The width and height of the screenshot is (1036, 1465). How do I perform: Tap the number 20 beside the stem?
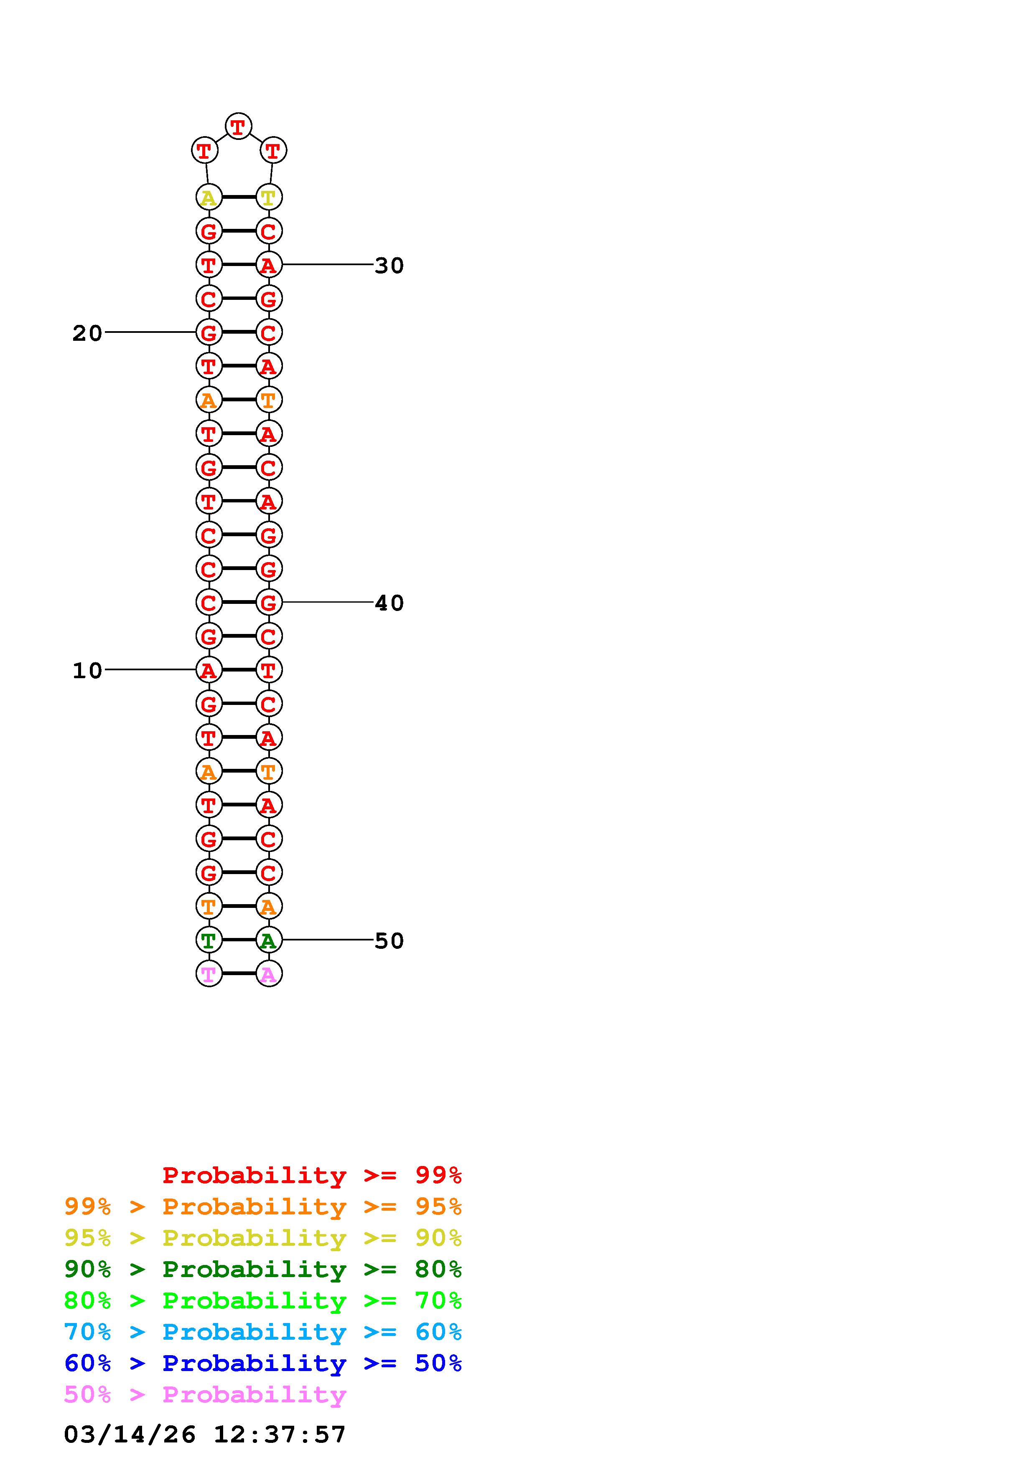click(87, 333)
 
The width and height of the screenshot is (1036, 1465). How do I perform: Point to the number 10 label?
click(87, 671)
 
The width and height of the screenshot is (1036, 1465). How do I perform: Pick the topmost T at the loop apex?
click(238, 127)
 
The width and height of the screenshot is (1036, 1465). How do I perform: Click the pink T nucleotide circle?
click(209, 974)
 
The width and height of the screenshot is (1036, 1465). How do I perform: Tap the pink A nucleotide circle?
click(269, 974)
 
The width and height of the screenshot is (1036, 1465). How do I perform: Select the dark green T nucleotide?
click(209, 940)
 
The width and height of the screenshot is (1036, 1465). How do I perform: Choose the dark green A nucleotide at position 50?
click(269, 940)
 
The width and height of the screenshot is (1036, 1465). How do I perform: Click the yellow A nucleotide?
click(209, 198)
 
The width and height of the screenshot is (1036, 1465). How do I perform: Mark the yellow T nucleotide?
click(269, 198)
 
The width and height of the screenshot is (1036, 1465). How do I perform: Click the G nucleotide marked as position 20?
click(209, 332)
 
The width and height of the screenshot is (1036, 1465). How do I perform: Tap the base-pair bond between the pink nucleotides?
click(239, 974)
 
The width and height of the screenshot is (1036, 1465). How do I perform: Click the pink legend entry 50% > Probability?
click(205, 1395)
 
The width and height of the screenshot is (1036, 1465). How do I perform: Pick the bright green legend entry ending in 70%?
click(262, 1300)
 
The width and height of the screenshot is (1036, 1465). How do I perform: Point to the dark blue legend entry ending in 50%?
click(262, 1364)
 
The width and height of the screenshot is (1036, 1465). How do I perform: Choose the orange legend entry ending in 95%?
click(262, 1206)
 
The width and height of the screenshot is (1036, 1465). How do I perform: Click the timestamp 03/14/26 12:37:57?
click(205, 1435)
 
